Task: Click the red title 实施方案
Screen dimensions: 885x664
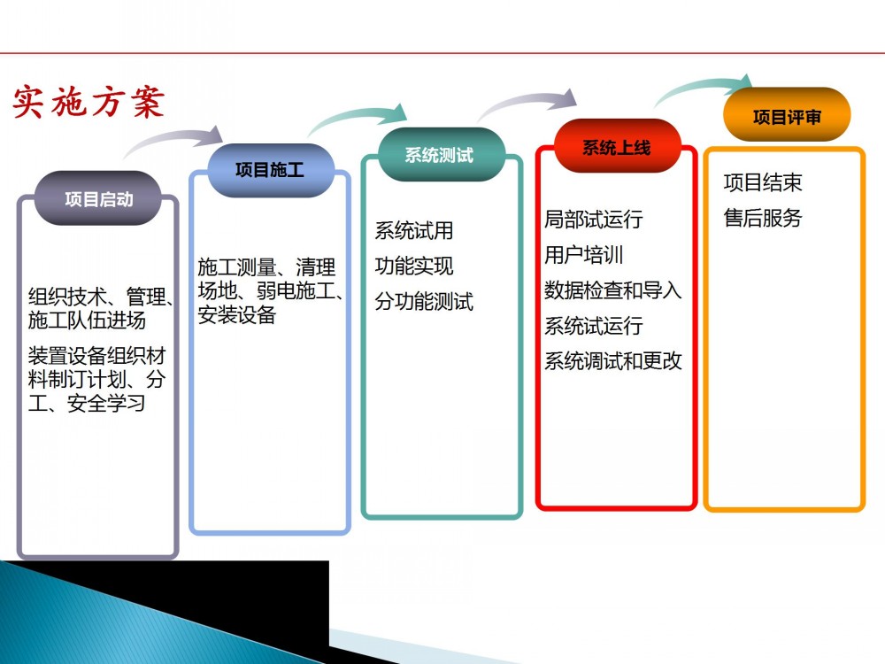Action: pos(88,102)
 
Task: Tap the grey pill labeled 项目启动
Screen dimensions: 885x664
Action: pos(98,198)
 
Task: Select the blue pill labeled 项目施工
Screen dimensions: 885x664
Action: pos(270,170)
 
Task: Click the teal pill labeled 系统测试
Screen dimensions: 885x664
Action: pos(440,155)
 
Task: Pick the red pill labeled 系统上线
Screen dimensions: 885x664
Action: pos(617,147)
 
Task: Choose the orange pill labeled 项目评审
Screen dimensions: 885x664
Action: pos(786,116)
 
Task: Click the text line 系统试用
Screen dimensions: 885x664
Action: pos(414,230)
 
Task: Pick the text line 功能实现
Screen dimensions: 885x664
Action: pos(414,266)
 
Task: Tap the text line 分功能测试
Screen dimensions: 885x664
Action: pos(424,302)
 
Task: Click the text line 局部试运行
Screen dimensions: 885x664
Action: pos(594,219)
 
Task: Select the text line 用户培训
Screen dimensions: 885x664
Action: pos(583,255)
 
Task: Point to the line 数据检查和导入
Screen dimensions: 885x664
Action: pos(613,290)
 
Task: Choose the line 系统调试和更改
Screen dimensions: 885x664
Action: pos(613,361)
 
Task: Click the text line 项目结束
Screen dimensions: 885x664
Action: pos(763,182)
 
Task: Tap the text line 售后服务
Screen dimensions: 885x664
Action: pos(763,218)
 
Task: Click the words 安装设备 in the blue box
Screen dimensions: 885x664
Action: pos(237,315)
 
